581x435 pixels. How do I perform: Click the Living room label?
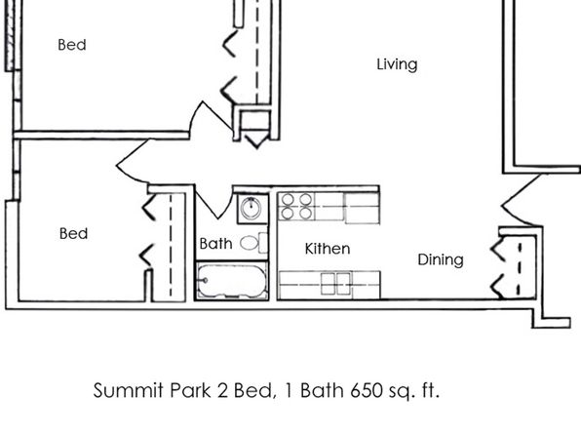(x=397, y=64)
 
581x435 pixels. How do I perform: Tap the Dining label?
(x=441, y=259)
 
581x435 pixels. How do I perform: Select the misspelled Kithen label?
(x=328, y=249)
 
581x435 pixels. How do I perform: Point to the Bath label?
(x=215, y=244)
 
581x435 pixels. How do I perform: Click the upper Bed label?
(x=72, y=45)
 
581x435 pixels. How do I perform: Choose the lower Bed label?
(x=73, y=234)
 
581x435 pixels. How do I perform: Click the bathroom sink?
(x=252, y=208)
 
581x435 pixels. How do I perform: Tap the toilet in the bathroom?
(x=253, y=243)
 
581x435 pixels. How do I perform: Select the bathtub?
(x=232, y=281)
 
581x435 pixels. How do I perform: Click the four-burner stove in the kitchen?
(x=296, y=206)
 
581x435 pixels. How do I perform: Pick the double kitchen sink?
(x=336, y=284)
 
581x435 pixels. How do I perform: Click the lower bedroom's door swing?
(x=134, y=161)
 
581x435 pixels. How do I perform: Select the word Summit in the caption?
(x=129, y=390)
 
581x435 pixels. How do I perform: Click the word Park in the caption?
(x=190, y=390)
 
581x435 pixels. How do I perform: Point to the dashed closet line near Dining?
(x=520, y=269)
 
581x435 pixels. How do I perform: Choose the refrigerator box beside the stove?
(x=362, y=208)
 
